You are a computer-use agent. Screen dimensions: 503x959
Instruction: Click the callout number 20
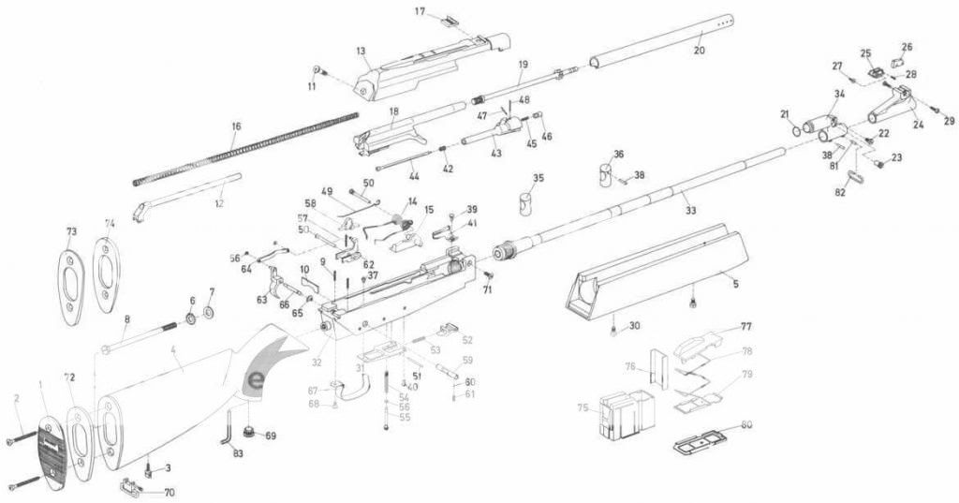point(698,50)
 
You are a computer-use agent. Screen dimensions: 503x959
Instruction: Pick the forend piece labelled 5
point(656,272)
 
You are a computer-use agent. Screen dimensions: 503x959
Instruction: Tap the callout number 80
point(746,425)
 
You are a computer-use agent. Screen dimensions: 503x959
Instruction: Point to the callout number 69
point(271,436)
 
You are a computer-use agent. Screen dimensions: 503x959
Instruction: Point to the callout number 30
point(634,325)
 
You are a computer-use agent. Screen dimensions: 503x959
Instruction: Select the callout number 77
point(746,327)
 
